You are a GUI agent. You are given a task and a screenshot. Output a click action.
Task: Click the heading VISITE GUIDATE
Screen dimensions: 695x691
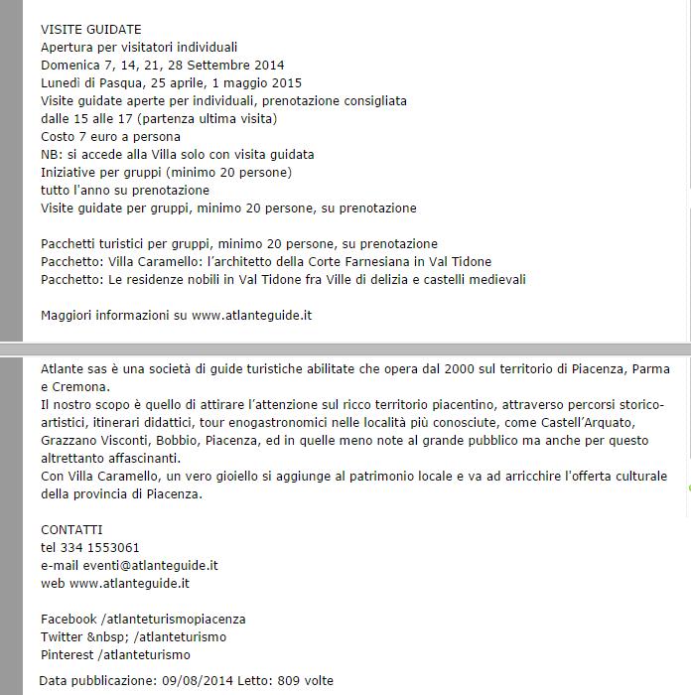(91, 30)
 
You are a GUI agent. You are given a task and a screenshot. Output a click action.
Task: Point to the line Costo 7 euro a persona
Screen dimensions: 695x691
(111, 137)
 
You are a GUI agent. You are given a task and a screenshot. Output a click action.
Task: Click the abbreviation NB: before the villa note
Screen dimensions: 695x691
(52, 155)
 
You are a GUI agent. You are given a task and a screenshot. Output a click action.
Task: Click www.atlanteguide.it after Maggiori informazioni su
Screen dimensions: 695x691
(252, 316)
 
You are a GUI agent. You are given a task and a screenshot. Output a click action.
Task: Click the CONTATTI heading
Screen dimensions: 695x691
(71, 530)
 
